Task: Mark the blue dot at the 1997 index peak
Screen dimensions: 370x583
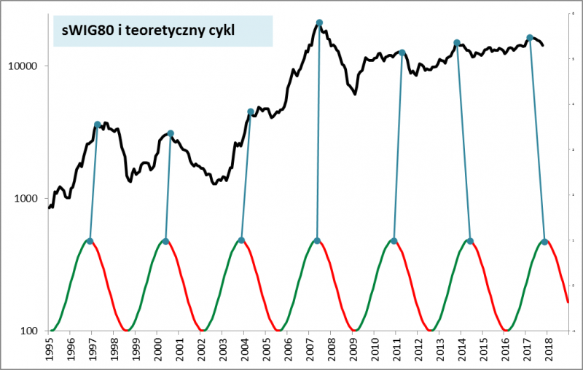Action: [98, 125]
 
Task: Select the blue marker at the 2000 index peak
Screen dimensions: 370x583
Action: [171, 133]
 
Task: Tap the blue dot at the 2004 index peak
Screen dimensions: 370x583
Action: [251, 111]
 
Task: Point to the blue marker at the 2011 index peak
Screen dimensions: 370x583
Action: [402, 52]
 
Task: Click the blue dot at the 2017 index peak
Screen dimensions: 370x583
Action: [530, 37]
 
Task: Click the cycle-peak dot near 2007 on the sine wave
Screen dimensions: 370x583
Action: [317, 240]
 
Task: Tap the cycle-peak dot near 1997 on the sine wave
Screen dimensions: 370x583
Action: [90, 240]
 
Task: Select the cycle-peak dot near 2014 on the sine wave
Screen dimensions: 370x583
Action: [470, 241]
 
